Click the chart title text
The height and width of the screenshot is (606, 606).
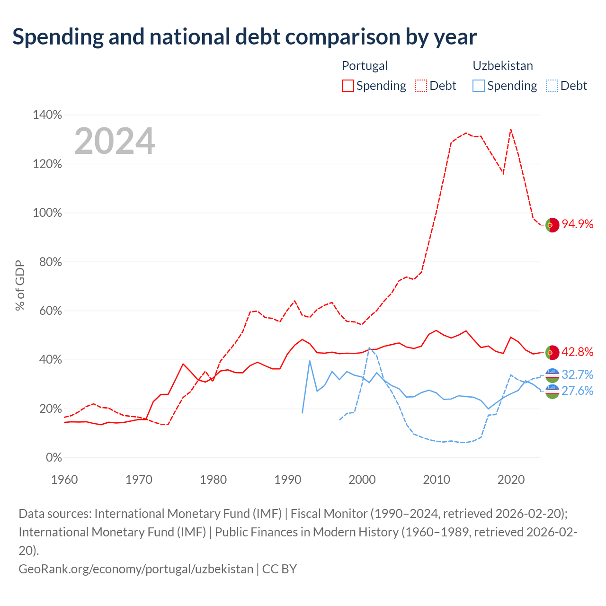pos(244,37)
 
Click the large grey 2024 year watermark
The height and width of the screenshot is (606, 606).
pos(115,141)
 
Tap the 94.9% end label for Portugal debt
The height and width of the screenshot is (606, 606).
pos(577,224)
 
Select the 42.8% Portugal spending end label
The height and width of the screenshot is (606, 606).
pos(577,352)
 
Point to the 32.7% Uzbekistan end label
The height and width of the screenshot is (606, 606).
pos(577,374)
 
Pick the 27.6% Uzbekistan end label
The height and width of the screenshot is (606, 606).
pos(577,391)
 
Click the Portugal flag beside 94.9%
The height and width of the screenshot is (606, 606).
pos(552,225)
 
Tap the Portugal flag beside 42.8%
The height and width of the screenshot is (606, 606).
pos(552,353)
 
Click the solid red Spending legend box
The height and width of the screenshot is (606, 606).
pos(348,86)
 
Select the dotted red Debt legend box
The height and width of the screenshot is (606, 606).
pos(421,86)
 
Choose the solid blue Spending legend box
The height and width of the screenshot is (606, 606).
pos(478,86)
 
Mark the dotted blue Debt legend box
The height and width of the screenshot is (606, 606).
pos(552,86)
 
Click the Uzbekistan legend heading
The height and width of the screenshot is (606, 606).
pos(502,66)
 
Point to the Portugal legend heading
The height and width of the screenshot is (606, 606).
pos(365,66)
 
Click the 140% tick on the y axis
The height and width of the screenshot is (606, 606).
pos(47,115)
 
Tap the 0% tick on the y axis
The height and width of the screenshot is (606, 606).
pos(54,457)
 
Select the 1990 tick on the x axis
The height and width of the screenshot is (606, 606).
pos(288,480)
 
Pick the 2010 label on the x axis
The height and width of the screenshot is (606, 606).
pos(437,480)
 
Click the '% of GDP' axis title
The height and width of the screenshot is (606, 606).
pos(20,285)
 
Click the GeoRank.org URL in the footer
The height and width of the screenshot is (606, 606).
pos(136,569)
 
